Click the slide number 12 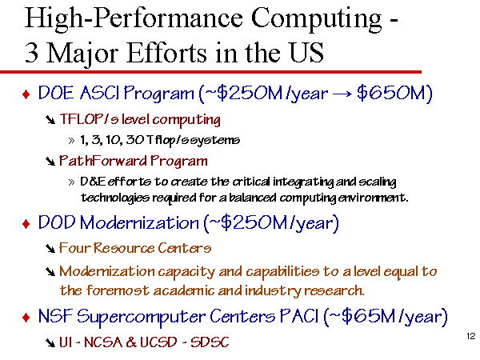(471, 336)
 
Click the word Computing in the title (317, 19)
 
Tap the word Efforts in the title (167, 53)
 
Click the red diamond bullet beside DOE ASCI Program (26, 94)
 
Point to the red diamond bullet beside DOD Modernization (26, 224)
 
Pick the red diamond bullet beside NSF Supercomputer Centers (26, 317)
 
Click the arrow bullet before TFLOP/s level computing (50, 120)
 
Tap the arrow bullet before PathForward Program (50, 162)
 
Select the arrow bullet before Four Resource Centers (50, 248)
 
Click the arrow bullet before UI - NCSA (50, 342)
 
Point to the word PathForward (103, 161)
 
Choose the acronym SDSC (210, 342)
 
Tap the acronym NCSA (103, 342)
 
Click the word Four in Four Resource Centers (74, 248)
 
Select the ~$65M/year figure (386, 316)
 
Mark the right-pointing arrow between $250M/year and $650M (342, 94)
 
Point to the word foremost (118, 290)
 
